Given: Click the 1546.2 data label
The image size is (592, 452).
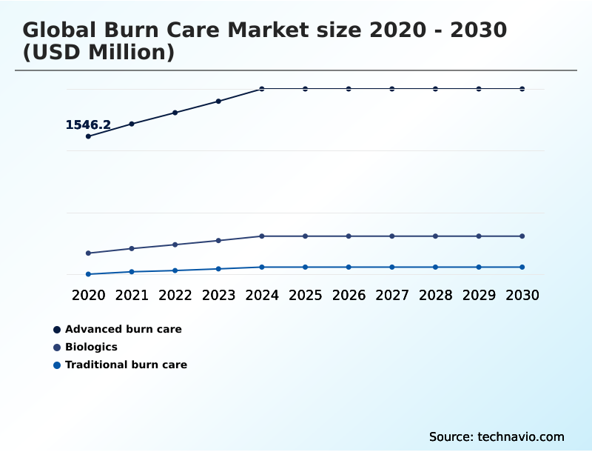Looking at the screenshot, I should coord(88,124).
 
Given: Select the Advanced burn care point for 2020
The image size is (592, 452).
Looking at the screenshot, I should coord(88,136).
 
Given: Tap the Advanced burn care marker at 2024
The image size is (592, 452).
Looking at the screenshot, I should coord(262,89).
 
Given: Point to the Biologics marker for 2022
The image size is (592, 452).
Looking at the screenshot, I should coord(175,245).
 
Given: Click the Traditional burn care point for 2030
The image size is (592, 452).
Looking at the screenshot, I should coord(522,267).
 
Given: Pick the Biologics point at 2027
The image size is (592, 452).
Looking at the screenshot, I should coord(392,236).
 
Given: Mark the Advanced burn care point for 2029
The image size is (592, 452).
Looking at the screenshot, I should coord(479,89).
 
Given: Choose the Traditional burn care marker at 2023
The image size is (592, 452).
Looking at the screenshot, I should coord(218,269).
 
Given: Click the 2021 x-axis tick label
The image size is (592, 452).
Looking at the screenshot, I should coord(132,295).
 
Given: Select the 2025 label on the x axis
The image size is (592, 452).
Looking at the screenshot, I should coord(305,295).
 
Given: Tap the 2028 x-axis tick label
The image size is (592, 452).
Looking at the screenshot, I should coord(435,295).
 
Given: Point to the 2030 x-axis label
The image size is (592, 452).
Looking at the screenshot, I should coord(522,295).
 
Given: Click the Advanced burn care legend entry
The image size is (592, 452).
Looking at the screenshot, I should coord(123,329).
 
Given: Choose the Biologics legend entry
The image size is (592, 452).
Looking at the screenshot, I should coord(91,347).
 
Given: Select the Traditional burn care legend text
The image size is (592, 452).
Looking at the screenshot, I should coord(126,365).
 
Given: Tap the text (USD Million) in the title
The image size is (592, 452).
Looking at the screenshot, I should coord(98,53).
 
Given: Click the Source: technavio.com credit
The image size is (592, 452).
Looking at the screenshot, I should coord(497,436).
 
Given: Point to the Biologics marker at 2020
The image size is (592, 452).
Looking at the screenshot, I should coord(88,253).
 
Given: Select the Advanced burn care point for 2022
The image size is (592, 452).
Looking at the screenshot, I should coord(175,113).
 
